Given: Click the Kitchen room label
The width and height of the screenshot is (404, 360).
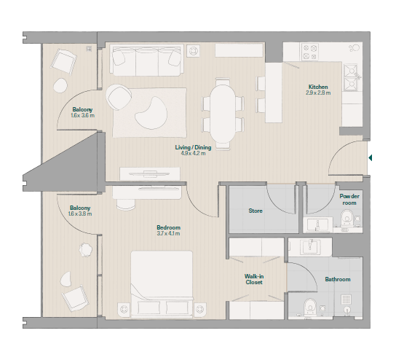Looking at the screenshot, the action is [318, 87].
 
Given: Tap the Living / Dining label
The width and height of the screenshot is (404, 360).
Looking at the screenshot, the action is [193, 147].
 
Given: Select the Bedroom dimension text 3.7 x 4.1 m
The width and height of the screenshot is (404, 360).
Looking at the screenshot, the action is [168, 234].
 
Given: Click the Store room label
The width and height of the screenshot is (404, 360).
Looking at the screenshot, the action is [256, 211].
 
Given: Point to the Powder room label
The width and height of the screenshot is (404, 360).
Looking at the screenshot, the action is [349, 200].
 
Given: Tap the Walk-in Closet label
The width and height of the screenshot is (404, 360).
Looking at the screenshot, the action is [254, 279].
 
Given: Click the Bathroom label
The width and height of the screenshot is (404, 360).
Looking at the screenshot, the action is [338, 279].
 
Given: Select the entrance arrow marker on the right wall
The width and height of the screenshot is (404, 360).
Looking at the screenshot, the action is [371, 157].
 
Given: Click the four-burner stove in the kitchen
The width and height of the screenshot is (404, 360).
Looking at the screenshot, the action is [309, 52].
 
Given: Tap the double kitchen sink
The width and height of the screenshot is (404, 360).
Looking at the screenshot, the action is [351, 77].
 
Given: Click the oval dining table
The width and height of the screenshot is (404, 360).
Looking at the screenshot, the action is [223, 114].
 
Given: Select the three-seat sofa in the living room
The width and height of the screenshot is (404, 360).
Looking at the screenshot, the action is [146, 60].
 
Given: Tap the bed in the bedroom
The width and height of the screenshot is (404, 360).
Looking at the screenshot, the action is [162, 284].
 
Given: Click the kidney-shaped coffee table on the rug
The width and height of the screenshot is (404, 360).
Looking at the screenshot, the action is [151, 113].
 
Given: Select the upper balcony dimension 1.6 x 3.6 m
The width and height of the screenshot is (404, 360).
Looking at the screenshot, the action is [83, 116].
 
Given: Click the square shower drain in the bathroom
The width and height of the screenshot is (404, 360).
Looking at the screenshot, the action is [346, 300].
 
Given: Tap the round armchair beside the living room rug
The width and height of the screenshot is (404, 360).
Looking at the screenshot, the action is [119, 97].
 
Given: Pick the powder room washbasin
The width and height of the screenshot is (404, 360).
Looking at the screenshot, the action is [318, 224].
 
